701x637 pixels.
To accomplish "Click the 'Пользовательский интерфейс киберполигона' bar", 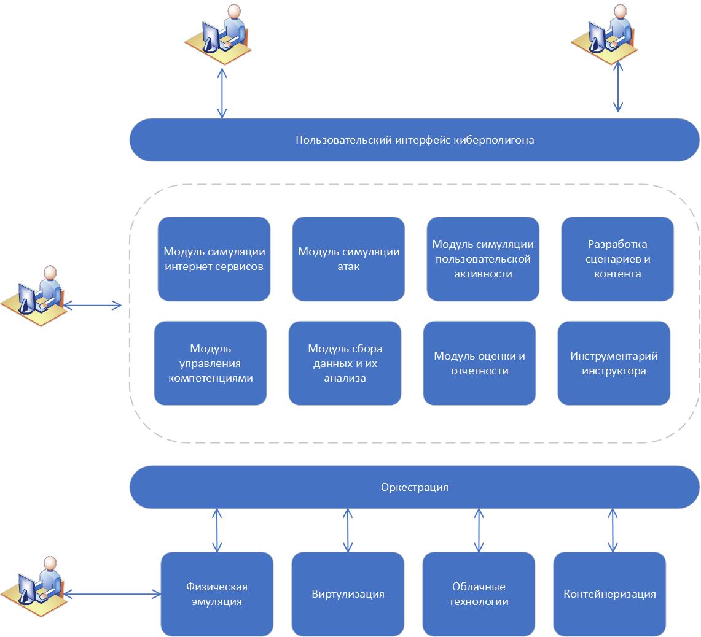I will click(x=414, y=140).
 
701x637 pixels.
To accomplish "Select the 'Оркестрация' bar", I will click(x=414, y=487).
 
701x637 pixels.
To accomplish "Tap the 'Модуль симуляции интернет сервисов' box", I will click(x=214, y=259).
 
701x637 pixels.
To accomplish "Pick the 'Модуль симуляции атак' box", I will click(x=348, y=259).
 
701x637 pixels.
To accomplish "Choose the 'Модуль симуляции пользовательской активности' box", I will click(x=483, y=259).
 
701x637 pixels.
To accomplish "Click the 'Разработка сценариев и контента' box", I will click(x=617, y=259).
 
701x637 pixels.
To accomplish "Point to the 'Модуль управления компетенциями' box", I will click(x=210, y=363).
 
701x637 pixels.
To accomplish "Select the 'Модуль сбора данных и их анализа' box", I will click(x=345, y=363).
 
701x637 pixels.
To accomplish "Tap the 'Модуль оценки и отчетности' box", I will click(x=479, y=363).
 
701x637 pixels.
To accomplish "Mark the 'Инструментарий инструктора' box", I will click(x=614, y=363).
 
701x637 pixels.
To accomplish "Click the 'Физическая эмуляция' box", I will click(x=217, y=594).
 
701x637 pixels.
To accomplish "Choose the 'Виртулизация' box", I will click(x=348, y=594).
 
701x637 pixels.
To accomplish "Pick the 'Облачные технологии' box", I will click(x=479, y=594).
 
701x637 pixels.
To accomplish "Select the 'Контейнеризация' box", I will click(x=609, y=594).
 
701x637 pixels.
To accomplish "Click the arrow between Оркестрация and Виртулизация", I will click(x=348, y=530).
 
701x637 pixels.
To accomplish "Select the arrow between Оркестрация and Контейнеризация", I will click(x=612, y=530).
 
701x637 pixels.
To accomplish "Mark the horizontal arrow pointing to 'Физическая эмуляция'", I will click(x=112, y=593).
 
